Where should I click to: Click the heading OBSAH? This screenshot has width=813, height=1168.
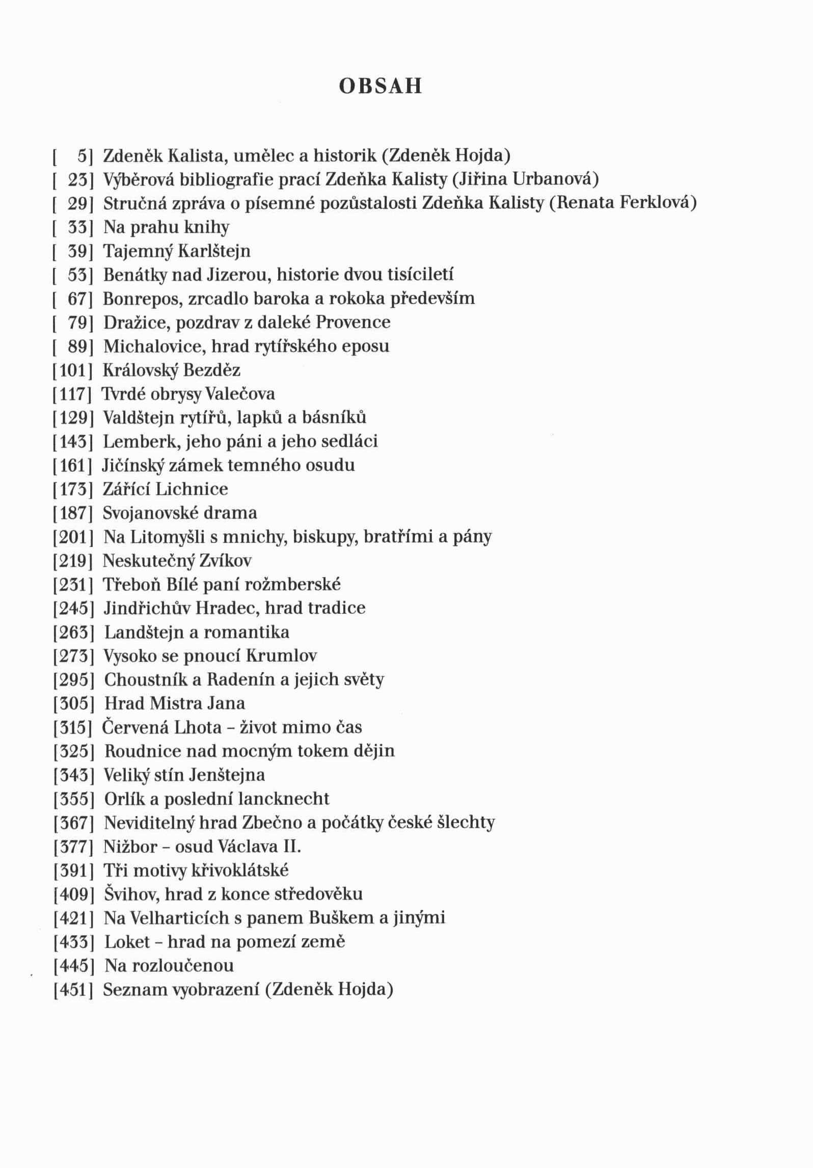click(x=381, y=87)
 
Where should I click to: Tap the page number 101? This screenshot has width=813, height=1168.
click(x=73, y=370)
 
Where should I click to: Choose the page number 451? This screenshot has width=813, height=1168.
click(x=73, y=990)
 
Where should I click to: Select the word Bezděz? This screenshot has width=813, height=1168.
click(x=211, y=370)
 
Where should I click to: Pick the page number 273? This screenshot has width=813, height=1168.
click(x=73, y=656)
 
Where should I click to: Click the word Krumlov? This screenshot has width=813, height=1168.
click(x=281, y=656)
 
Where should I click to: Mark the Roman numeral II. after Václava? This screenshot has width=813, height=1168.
click(x=291, y=847)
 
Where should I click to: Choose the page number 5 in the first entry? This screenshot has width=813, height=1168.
click(x=82, y=156)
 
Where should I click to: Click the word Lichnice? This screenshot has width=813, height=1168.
click(x=192, y=490)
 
